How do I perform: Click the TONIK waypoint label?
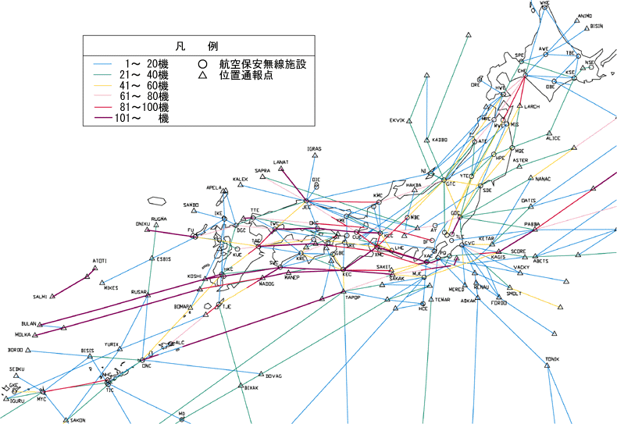(x=553, y=359)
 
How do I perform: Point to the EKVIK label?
(x=398, y=120)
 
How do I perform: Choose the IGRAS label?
(x=315, y=148)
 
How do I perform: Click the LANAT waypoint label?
(x=281, y=162)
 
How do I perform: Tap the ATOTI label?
(x=100, y=259)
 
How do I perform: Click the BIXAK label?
(x=251, y=387)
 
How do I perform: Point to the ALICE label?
(x=553, y=138)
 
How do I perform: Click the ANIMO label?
(x=585, y=16)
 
